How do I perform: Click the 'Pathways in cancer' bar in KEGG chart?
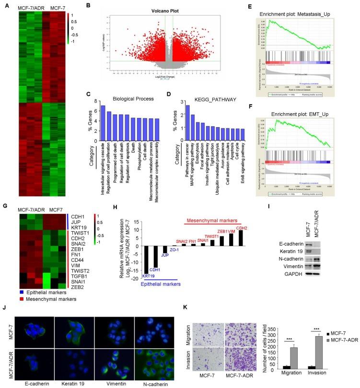point(187,122)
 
